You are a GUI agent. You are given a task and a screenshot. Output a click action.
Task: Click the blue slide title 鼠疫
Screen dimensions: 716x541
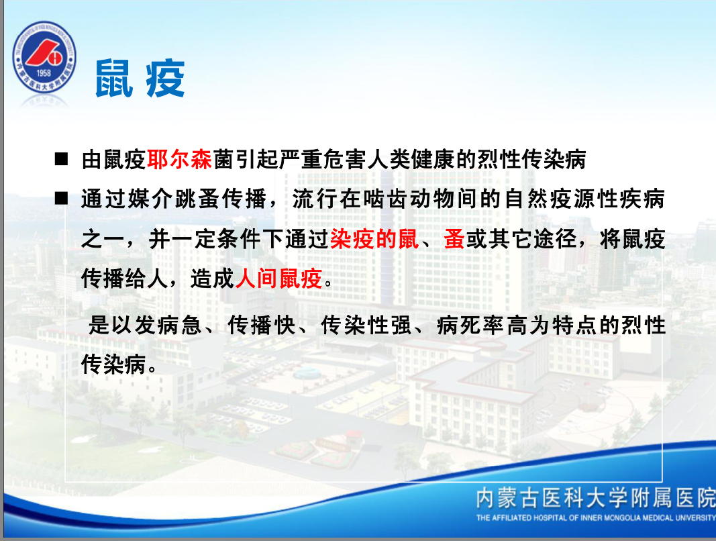point(140,79)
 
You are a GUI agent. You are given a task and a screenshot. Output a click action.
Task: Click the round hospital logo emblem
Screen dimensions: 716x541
point(44,58)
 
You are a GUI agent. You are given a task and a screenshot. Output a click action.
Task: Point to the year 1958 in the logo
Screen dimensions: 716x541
point(44,72)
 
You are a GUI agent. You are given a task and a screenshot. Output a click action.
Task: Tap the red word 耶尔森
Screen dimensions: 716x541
point(179,160)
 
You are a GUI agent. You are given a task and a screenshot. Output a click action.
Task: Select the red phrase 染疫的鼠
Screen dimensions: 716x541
point(374,239)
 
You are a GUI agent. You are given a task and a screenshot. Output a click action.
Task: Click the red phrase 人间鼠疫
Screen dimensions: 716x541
point(278,279)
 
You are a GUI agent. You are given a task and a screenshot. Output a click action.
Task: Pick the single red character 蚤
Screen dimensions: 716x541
point(454,239)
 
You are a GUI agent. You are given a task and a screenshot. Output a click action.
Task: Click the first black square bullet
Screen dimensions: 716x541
point(61,159)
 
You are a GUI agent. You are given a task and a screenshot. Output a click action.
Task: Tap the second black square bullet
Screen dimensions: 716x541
point(61,198)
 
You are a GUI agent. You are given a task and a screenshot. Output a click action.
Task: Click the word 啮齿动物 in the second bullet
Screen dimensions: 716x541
point(407,199)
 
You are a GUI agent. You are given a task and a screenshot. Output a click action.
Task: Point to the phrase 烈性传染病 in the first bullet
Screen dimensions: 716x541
point(531,160)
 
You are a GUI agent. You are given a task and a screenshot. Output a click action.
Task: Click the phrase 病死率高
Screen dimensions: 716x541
point(482,325)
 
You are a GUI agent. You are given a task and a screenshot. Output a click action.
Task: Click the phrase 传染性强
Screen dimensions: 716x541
point(366,325)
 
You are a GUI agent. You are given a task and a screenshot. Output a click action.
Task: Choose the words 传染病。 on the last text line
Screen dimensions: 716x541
point(119,364)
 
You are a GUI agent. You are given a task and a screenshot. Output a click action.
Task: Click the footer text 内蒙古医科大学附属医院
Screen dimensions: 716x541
point(595,498)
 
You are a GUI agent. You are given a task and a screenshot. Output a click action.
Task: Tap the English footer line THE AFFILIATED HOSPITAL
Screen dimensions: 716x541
point(595,518)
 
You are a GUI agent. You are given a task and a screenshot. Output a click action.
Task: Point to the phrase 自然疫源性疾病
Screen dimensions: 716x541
point(584,199)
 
